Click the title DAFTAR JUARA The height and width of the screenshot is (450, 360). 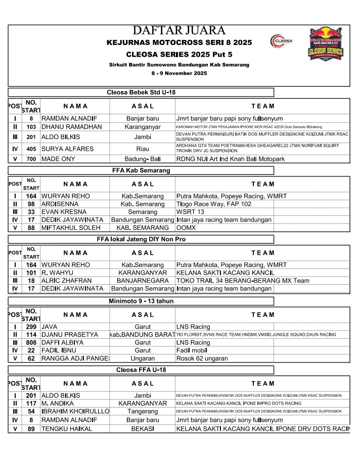(x=179, y=30)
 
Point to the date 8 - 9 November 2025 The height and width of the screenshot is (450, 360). (x=179, y=74)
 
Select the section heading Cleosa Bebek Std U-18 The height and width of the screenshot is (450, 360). (x=141, y=93)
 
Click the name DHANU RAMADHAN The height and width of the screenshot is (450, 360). (x=71, y=126)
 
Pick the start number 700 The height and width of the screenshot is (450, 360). (x=31, y=159)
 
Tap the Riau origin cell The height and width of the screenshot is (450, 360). (x=143, y=149)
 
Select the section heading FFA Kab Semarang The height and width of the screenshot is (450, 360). (x=141, y=170)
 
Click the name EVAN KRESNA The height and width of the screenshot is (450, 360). (x=65, y=212)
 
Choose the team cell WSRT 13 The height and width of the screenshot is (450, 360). (x=190, y=212)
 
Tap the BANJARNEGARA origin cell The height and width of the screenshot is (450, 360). (x=143, y=281)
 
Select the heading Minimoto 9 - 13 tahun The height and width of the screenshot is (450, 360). (x=141, y=301)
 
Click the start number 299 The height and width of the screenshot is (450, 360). (x=31, y=327)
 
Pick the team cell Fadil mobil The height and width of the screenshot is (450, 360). (x=192, y=350)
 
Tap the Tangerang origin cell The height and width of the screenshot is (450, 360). (x=143, y=412)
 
